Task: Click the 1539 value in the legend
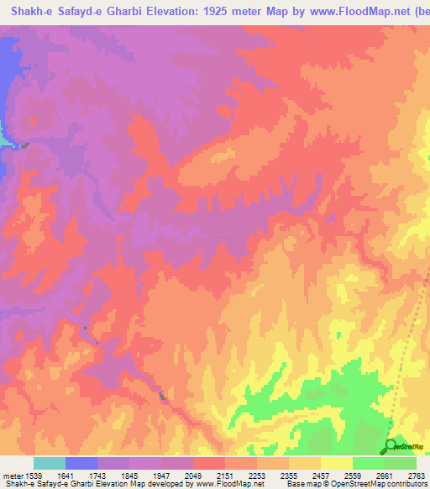coord(31,476)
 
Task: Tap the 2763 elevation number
coord(417,476)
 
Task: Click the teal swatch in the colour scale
coord(50,463)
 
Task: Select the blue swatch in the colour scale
coord(81,463)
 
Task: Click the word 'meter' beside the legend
coord(11,476)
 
